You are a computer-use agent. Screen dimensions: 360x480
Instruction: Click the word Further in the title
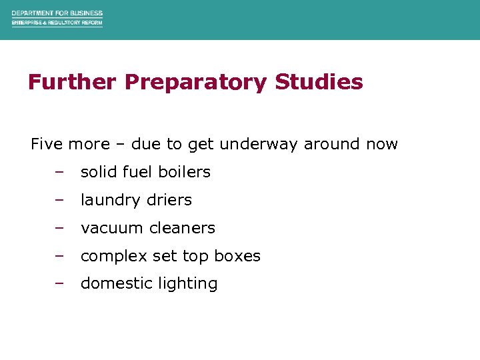(72, 82)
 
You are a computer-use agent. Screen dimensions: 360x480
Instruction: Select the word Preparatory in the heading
(196, 82)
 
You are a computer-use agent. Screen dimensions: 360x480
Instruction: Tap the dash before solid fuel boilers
(59, 171)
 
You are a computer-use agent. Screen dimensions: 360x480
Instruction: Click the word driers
(169, 200)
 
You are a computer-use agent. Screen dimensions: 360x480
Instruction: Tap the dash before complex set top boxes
(59, 255)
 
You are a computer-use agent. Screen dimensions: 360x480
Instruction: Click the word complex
(112, 256)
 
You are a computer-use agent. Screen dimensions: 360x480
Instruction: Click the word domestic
(113, 283)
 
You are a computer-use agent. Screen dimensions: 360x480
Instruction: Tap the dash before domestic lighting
(59, 283)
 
